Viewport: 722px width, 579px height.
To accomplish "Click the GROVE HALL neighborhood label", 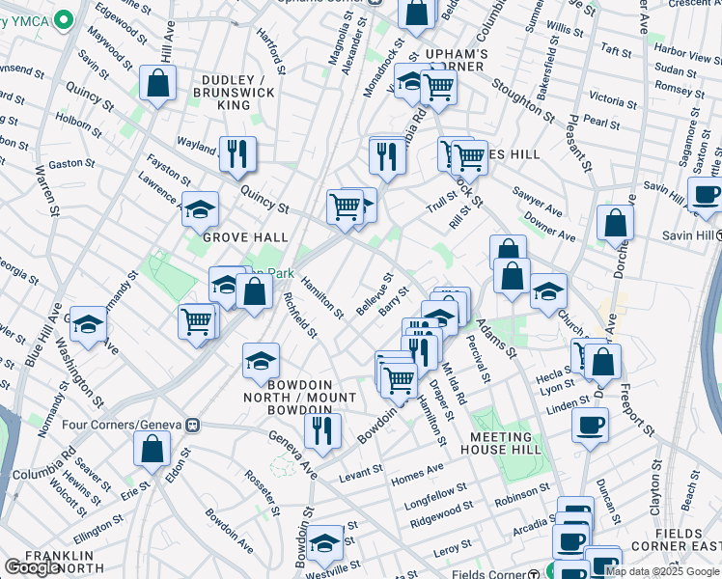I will [x=245, y=236].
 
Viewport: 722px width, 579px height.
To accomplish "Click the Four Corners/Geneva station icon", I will [x=193, y=425].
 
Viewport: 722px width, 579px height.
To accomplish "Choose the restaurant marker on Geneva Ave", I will [x=321, y=429].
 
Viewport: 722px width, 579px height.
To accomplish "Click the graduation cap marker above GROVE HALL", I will [x=200, y=209].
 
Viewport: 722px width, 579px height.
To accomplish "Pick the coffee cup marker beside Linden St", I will [x=590, y=425].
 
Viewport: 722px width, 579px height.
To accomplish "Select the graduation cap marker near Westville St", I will [x=324, y=544].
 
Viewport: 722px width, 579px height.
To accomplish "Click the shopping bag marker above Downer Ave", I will [x=615, y=224].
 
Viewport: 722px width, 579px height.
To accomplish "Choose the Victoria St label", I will [x=606, y=99].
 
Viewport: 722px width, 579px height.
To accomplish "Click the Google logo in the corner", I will [x=33, y=568].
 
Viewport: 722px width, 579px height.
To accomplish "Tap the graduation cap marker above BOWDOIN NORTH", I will [x=261, y=362].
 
